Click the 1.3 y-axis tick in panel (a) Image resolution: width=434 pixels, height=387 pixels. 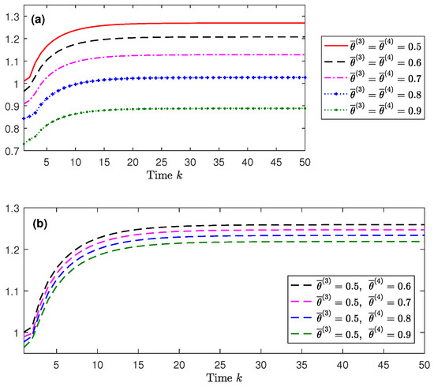tap(16, 15)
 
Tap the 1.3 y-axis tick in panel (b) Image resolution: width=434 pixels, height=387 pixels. tap(16, 209)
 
